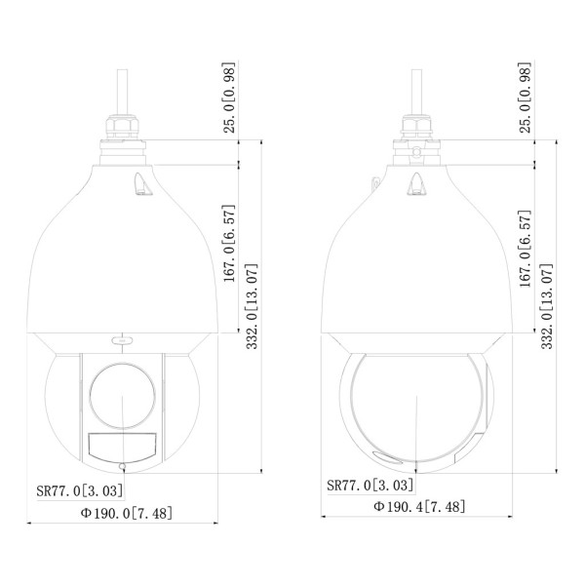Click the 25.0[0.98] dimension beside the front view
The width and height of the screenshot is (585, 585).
228,98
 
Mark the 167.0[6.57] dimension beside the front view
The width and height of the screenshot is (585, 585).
228,249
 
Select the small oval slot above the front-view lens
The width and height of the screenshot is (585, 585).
122,338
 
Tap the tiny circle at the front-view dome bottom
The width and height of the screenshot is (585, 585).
121,463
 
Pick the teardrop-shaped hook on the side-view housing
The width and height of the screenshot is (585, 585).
416,183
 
